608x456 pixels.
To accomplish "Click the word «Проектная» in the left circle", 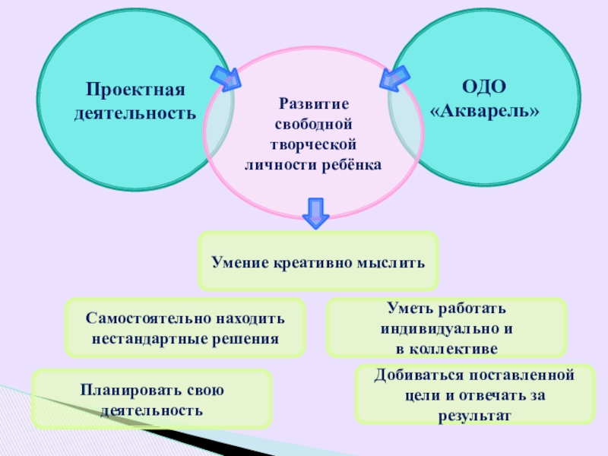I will [x=135, y=91].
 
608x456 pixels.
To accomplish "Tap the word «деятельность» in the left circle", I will [x=135, y=115].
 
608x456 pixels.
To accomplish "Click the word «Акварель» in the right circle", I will [x=484, y=111].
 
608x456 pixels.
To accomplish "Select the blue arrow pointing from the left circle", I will [x=224, y=77].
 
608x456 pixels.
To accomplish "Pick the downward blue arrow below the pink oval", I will [x=315, y=213].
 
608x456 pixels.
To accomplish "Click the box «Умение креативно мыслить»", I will [x=318, y=261].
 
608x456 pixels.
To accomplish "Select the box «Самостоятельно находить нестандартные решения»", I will [x=185, y=328].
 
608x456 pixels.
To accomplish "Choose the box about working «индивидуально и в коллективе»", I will [x=446, y=328].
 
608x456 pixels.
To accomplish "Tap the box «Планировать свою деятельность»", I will [x=152, y=399].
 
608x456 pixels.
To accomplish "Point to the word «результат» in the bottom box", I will [x=475, y=416].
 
